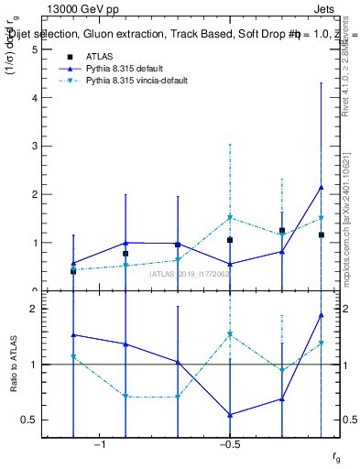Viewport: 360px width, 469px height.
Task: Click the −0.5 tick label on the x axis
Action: pos(229,446)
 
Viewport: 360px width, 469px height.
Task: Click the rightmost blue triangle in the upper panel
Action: pos(321,188)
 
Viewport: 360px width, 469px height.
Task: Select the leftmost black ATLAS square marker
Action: pos(73,271)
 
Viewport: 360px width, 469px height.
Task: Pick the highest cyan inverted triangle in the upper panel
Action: pos(230,218)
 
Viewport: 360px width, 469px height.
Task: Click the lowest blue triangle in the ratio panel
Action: pos(230,415)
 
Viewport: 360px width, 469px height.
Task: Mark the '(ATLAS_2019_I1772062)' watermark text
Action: pos(191,274)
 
